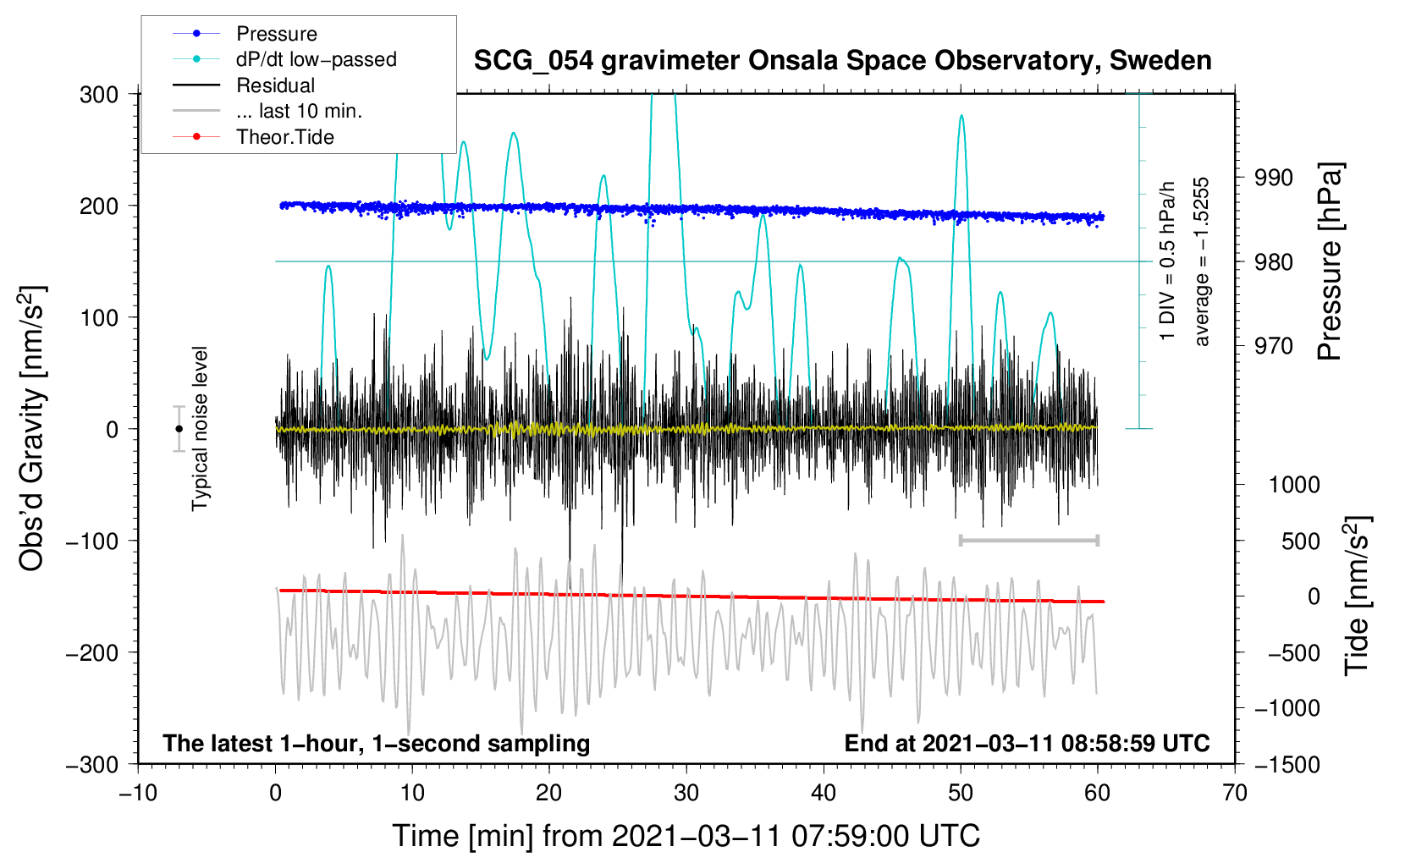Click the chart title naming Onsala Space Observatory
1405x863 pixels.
point(842,61)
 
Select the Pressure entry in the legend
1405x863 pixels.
point(276,34)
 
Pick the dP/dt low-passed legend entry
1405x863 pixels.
point(316,59)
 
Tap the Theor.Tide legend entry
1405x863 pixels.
point(284,137)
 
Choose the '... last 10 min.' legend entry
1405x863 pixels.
point(299,111)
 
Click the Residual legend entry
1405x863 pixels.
point(275,85)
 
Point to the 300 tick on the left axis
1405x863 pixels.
point(99,94)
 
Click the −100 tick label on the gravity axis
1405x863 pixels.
point(93,541)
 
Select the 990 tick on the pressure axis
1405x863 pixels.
point(1273,178)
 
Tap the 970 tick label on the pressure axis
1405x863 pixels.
point(1273,345)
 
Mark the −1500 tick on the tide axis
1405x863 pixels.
point(1287,764)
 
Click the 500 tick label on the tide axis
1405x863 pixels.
point(1301,541)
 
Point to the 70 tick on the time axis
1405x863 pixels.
point(1235,793)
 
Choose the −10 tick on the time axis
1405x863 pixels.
point(137,793)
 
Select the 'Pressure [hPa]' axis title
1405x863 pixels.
point(1330,262)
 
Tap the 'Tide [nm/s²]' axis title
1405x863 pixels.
point(1357,596)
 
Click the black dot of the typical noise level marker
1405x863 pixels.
point(179,429)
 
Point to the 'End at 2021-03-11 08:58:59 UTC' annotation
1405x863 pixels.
point(1027,743)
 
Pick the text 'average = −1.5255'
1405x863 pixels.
point(1202,261)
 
